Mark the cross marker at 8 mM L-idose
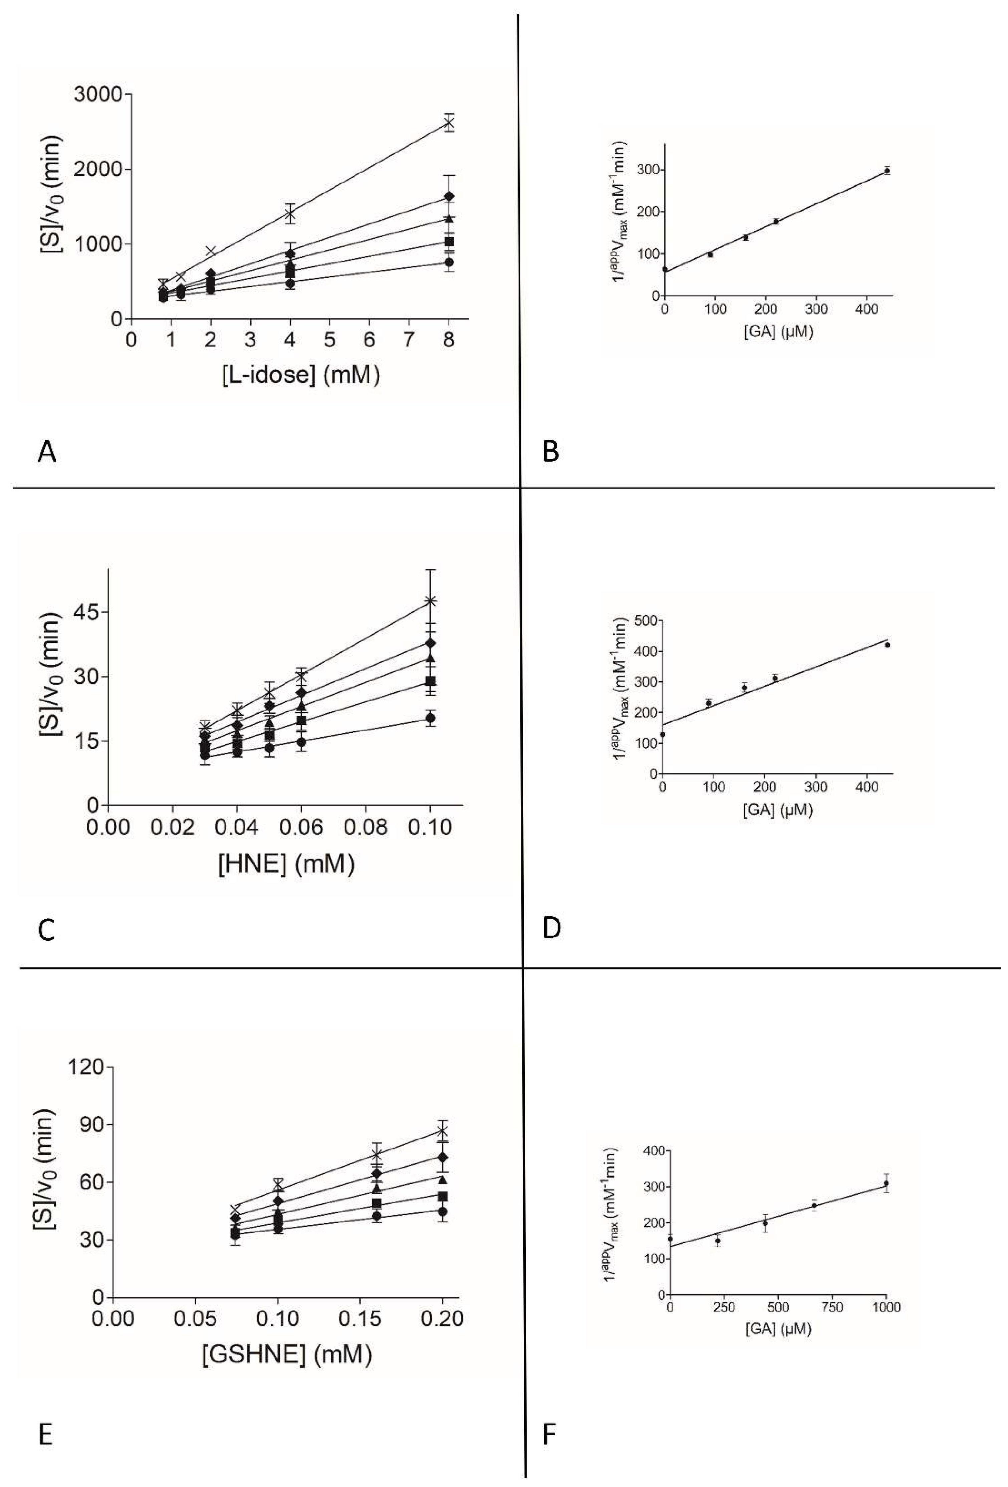[x=449, y=123]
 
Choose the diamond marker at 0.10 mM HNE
[x=431, y=642]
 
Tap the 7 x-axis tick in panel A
[x=409, y=339]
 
